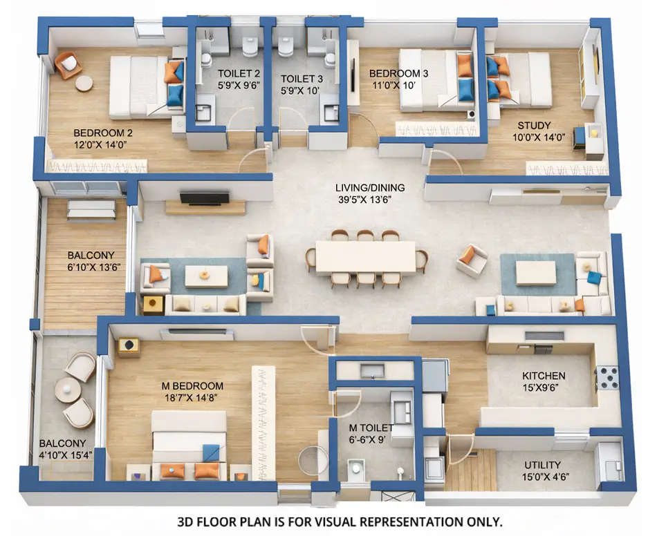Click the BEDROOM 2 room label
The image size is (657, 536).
pos(102,133)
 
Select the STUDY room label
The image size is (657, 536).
pos(534,126)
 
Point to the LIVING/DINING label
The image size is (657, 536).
pos(370,187)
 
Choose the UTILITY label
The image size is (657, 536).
pos(543,465)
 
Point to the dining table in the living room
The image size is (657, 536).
pos(365,256)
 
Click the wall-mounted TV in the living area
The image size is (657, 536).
pos(204,198)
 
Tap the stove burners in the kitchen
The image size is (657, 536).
pos(607,377)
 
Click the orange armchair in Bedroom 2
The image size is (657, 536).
pos(68,64)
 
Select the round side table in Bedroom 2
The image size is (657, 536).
pos(84,84)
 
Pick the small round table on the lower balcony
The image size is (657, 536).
pos(68,391)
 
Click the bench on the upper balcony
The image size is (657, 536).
pos(91,209)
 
